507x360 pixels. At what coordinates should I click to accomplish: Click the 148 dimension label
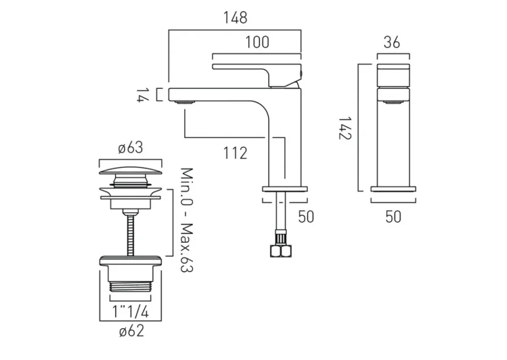tap(235, 18)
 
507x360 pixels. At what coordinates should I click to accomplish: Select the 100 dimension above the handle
tap(257, 43)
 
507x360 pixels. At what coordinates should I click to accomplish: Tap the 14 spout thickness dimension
tap(140, 95)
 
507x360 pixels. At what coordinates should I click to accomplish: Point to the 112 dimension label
tap(234, 152)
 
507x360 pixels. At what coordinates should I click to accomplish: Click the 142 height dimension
tap(344, 129)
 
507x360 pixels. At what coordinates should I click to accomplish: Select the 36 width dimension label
tap(393, 42)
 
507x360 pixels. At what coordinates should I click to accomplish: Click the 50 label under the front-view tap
tap(393, 216)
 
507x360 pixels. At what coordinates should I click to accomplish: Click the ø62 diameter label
tap(131, 330)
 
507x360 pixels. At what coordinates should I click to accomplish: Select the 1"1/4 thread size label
tap(131, 312)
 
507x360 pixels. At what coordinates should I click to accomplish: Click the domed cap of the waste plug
tap(131, 169)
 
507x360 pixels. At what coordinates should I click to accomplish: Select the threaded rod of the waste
tap(131, 233)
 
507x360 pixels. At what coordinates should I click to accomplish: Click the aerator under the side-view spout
tap(185, 103)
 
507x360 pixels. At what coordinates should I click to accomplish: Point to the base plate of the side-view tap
tap(285, 188)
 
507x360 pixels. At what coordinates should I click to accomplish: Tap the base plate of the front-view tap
tap(393, 188)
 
